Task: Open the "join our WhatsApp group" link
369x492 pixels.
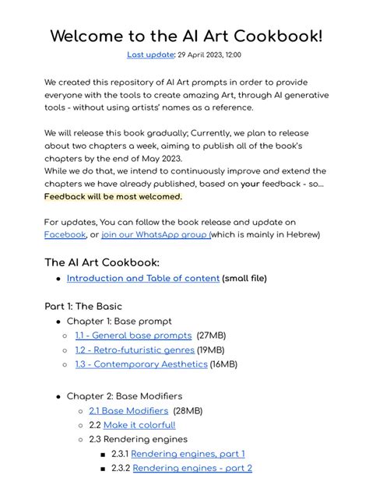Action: point(156,234)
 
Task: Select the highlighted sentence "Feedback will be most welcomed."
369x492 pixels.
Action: point(113,196)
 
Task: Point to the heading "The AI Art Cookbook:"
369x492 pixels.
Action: point(101,262)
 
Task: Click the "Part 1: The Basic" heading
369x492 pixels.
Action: point(83,306)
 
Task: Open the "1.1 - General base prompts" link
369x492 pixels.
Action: point(133,336)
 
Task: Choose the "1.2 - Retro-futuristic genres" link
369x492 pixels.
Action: point(134,350)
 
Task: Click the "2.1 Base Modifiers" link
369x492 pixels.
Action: point(128,410)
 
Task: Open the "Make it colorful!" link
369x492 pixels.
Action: point(139,425)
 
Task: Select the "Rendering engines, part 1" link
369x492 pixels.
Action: point(188,454)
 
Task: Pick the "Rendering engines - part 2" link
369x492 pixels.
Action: point(192,468)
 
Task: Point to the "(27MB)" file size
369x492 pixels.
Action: point(211,336)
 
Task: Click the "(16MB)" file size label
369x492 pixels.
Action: point(223,364)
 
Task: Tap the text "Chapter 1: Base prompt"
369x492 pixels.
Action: point(119,321)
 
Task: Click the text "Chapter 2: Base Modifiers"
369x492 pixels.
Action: point(125,396)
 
